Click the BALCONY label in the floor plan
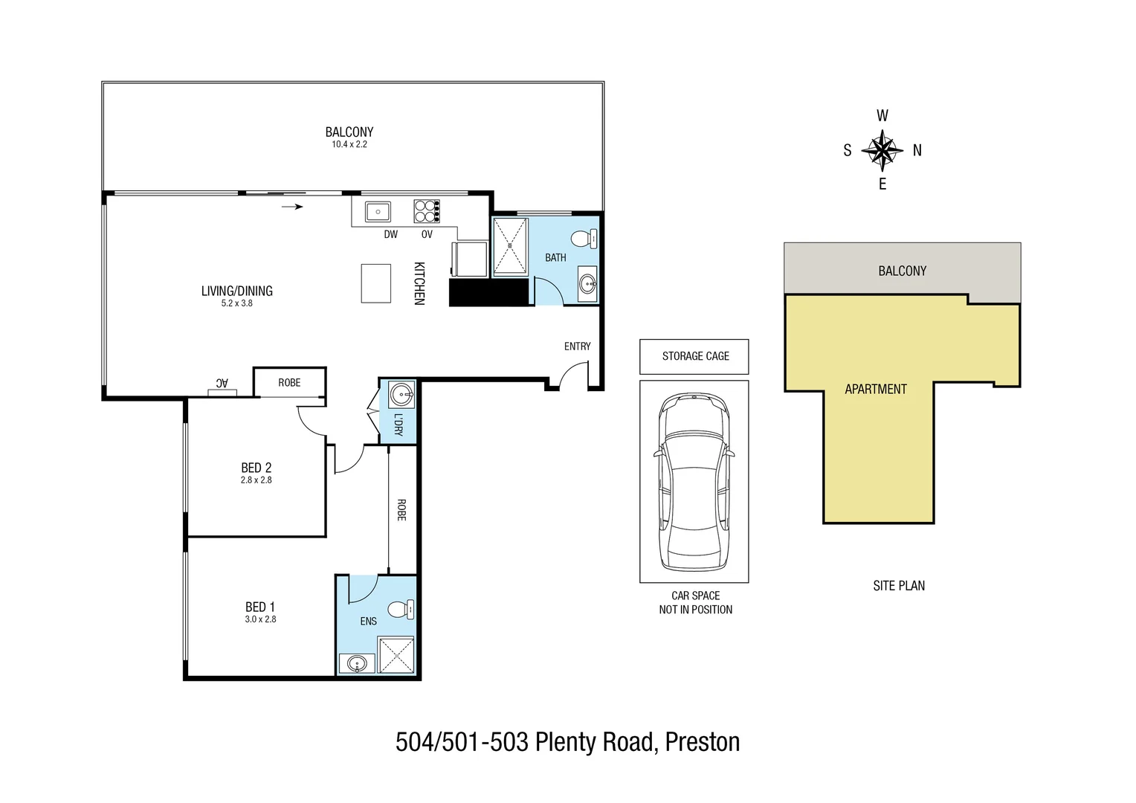pos(349,132)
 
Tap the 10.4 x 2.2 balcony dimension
pos(349,144)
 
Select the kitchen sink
pos(378,212)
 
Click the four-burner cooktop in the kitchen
pos(427,212)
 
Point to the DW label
pos(390,234)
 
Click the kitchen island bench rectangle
pos(376,283)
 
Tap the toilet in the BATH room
pos(584,239)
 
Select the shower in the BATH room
pos(510,246)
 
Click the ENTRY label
pos(577,346)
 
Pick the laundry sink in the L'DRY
pos(401,394)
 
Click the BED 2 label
pos(256,468)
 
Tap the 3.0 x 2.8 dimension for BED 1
pos(260,619)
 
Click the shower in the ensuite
pos(396,655)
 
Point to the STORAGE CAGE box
pos(694,356)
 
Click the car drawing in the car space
pos(694,482)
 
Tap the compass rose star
pos(882,150)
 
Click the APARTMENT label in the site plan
pos(875,389)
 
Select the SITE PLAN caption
pos(898,586)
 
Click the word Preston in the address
pos(702,742)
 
